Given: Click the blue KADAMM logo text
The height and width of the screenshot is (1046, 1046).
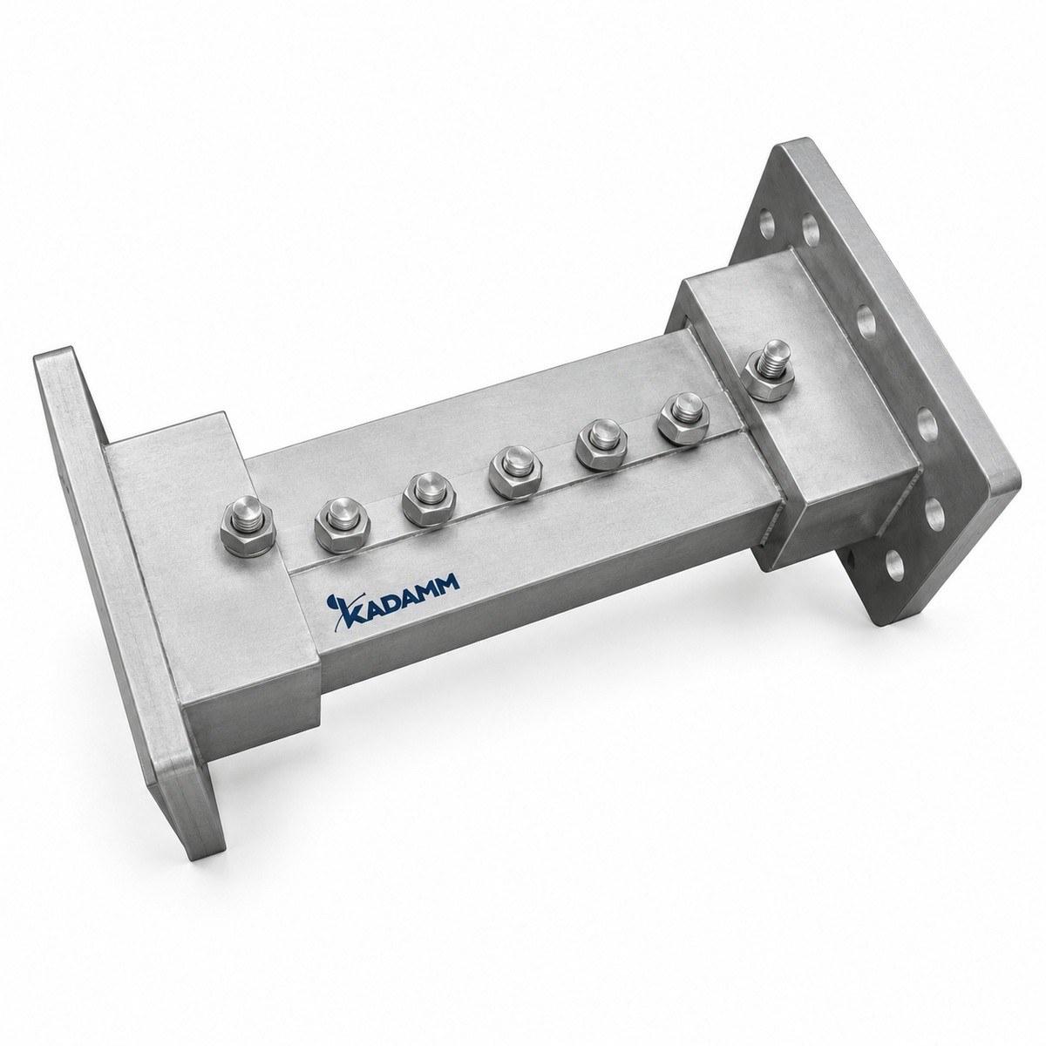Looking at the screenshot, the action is coord(394,597).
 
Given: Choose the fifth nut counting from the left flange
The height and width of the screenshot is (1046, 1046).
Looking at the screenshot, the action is coord(600,445).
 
